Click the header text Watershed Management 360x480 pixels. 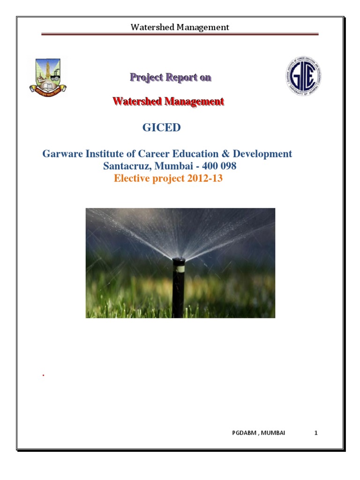pyautogui.click(x=180, y=27)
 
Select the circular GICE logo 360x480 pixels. pyautogui.click(x=303, y=75)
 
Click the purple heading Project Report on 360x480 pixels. pyautogui.click(x=171, y=78)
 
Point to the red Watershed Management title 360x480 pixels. pyautogui.click(x=168, y=101)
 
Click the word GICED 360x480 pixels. pyautogui.click(x=161, y=127)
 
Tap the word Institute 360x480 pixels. pyautogui.click(x=105, y=154)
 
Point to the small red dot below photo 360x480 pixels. pyautogui.click(x=43, y=375)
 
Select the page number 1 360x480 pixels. pyautogui.click(x=316, y=433)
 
